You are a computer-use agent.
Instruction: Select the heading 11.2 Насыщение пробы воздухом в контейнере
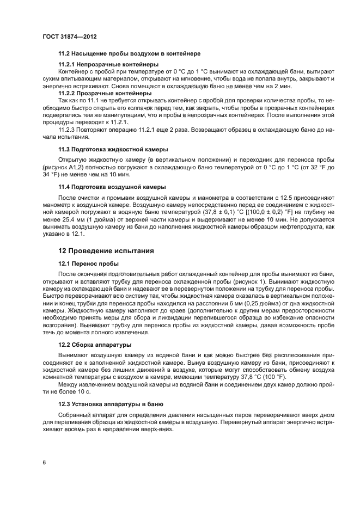coord(130,54)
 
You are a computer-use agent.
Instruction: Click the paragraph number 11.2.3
coord(69,130)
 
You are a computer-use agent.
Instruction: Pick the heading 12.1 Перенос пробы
coord(88,263)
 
